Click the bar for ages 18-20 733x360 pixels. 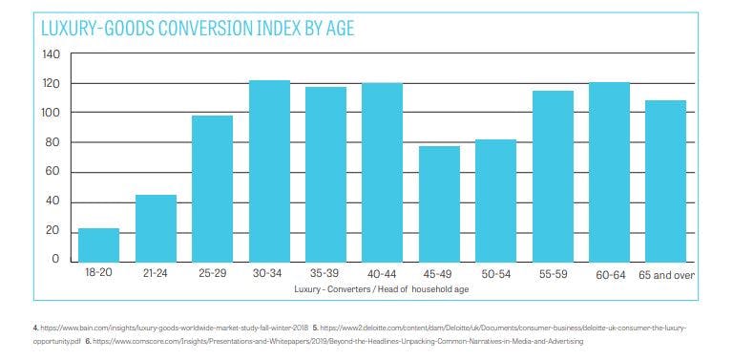click(x=99, y=244)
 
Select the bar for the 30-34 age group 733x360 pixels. click(x=269, y=171)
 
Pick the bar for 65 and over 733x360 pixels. click(x=666, y=180)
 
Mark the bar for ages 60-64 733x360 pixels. click(x=609, y=172)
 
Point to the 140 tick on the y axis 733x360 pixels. click(x=51, y=54)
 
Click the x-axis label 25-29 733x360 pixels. click(x=212, y=274)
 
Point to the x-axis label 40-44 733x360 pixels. click(x=383, y=274)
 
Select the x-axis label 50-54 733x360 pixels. click(x=495, y=274)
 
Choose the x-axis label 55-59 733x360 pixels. click(x=552, y=274)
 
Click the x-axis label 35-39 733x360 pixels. click(x=325, y=274)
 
